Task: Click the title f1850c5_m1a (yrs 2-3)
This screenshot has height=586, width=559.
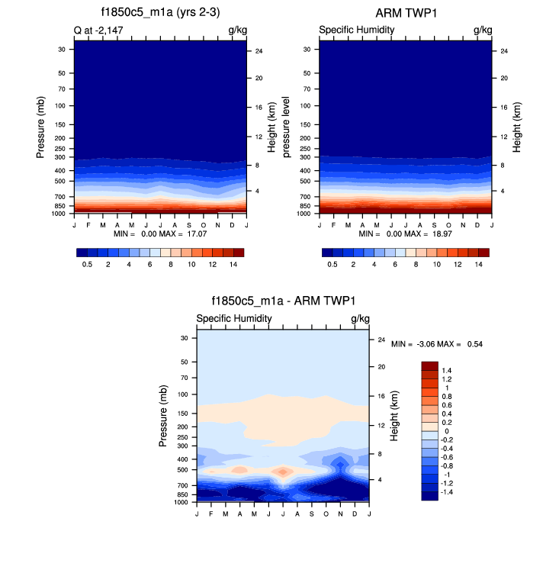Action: (160, 13)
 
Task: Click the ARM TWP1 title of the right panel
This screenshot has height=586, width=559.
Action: (405, 13)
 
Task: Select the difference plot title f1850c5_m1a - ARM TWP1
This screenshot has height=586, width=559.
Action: (283, 301)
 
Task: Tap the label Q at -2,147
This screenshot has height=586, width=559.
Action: (99, 30)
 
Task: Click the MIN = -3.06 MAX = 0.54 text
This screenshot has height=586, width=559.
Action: (437, 345)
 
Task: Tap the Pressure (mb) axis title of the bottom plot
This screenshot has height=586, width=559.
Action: (163, 416)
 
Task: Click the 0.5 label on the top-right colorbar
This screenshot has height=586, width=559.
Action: (333, 263)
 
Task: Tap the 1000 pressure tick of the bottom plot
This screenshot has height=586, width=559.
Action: (182, 502)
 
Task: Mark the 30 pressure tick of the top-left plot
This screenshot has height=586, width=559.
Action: (61, 49)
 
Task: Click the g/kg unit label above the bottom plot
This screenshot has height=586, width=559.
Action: (360, 318)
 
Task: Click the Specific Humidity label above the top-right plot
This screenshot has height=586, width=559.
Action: (356, 30)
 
